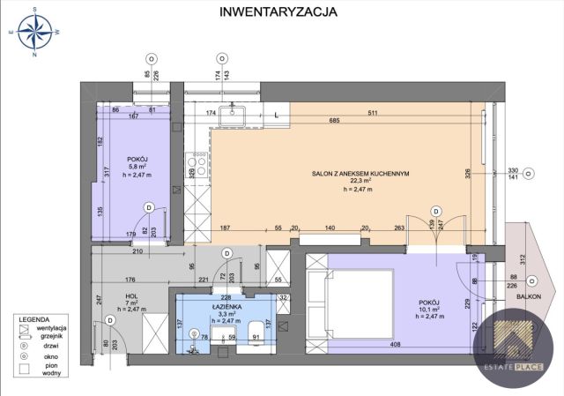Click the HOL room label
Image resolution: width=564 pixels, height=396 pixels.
[x=130, y=297]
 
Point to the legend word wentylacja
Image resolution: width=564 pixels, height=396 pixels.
[x=61, y=326]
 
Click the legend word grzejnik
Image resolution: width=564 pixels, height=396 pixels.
[x=59, y=334]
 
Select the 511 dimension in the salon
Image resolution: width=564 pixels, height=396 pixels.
[x=374, y=113]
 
